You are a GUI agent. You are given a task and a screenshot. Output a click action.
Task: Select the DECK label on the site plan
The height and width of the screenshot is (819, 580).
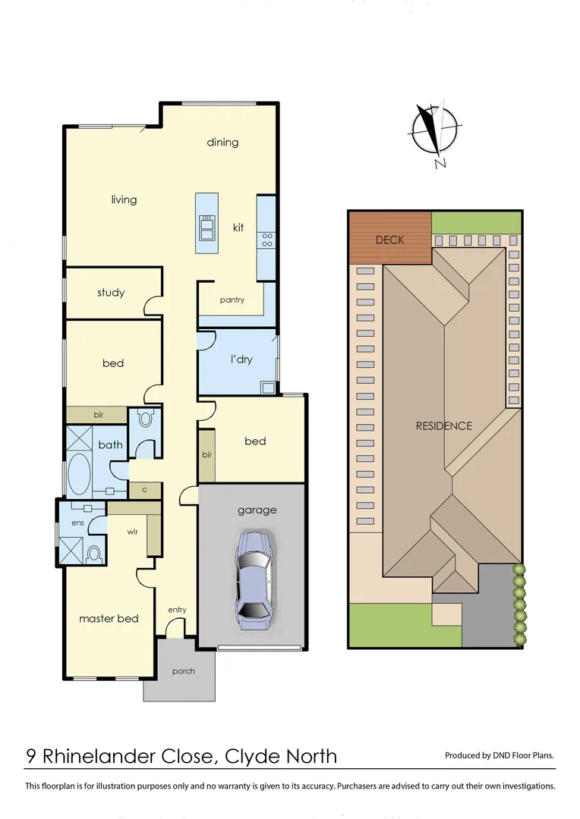point(390,240)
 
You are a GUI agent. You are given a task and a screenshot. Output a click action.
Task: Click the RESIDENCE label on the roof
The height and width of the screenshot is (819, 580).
point(443,426)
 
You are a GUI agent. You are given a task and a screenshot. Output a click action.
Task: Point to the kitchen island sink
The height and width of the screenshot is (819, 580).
point(206,227)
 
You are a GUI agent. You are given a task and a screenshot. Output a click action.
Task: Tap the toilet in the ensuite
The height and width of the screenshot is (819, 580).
point(93,554)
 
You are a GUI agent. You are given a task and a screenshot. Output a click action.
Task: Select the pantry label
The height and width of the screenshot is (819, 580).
point(232,300)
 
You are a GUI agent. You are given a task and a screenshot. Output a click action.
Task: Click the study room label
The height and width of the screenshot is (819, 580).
point(111,293)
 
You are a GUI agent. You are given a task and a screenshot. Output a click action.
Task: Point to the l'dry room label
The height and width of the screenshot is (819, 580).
point(241,359)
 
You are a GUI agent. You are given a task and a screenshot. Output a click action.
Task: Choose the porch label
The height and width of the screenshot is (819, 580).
point(183,671)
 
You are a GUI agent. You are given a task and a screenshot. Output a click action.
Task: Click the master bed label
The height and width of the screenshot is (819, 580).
point(109,619)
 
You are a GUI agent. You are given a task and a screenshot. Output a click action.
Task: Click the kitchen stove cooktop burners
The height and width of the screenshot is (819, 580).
point(267,240)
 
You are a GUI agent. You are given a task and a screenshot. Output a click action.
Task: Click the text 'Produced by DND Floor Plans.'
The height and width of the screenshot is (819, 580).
point(499,755)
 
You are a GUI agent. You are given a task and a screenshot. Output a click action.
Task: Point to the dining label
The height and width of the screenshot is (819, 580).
point(222,143)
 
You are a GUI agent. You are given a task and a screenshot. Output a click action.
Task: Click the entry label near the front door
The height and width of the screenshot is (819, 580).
point(177,610)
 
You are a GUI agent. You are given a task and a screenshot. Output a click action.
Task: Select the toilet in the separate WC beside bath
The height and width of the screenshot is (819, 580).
point(146,419)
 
